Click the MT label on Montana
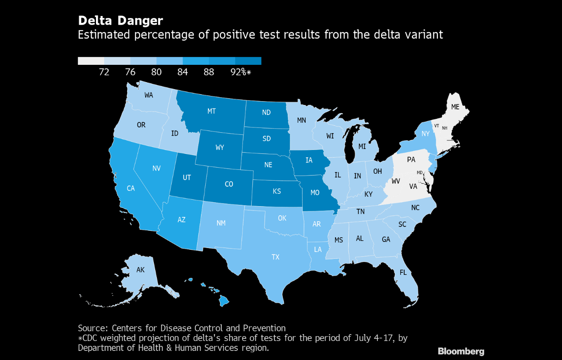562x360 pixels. click(x=211, y=111)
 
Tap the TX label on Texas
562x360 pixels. click(x=275, y=257)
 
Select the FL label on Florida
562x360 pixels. click(x=403, y=273)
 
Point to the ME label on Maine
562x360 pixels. click(x=455, y=107)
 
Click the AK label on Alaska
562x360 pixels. click(x=140, y=270)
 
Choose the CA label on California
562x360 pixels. click(x=131, y=188)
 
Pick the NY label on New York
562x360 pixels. click(x=426, y=134)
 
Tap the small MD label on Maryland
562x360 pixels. click(x=419, y=172)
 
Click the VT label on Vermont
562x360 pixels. click(x=437, y=126)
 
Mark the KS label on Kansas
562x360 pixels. click(x=277, y=191)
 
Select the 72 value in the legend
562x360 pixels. click(x=104, y=72)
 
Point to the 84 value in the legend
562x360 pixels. click(x=182, y=72)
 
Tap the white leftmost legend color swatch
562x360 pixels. click(x=91, y=61)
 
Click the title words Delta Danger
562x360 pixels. click(x=120, y=20)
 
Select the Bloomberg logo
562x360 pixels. click(x=461, y=351)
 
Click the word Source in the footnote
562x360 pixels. click(x=92, y=328)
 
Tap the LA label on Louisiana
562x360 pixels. click(x=318, y=249)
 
